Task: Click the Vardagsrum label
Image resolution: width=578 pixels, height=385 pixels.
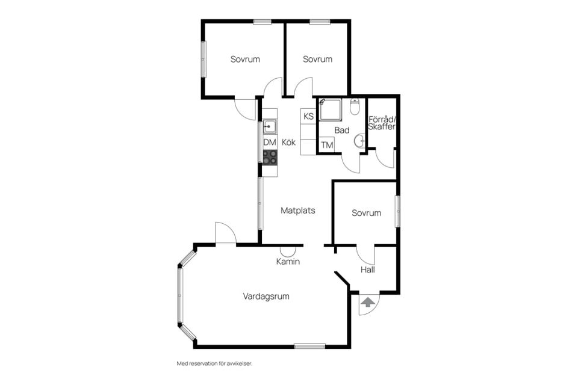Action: pos(266,296)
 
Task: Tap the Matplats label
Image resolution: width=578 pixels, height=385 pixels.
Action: pos(298,211)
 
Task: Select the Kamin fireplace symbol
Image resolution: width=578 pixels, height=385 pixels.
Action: pos(288,251)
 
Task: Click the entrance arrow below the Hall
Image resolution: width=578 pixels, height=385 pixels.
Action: pos(367,303)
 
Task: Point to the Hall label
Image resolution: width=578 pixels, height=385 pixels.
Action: pos(367,269)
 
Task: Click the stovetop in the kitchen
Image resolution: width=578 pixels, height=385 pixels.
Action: pos(270,157)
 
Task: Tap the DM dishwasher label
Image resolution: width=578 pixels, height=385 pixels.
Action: pos(270,143)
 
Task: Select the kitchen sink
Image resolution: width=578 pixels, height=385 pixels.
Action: pos(270,126)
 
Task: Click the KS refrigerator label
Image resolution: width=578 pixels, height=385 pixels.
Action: pos(308,117)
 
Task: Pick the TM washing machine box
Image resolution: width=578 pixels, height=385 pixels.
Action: pos(327,145)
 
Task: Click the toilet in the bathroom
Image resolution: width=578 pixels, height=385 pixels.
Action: pos(355,106)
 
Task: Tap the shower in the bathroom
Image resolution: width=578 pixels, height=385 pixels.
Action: pos(331,109)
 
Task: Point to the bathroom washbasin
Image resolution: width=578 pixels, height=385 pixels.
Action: pos(360,141)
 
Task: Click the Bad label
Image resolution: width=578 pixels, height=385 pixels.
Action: pos(342,130)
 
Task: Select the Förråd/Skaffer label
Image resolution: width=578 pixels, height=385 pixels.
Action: pos(382,123)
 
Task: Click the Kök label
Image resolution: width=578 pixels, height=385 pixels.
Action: pos(288,142)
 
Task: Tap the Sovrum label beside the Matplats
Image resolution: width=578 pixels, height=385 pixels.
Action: pos(367,213)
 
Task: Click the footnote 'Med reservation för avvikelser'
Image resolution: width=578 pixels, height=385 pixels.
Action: pos(214,363)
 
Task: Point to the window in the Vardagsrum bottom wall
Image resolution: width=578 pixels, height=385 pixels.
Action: pos(309,346)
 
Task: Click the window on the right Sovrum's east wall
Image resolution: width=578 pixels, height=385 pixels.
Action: pos(398,211)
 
